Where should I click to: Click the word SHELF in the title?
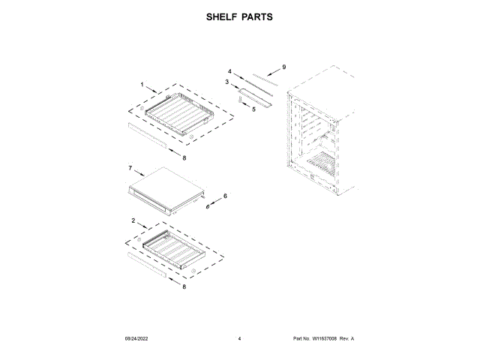point(222,16)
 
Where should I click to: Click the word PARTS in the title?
point(256,16)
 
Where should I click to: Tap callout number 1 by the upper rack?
point(142,85)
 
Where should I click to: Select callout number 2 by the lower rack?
point(133,221)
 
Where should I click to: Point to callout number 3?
point(226,82)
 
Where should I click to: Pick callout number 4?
point(229,72)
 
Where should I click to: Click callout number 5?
point(253,109)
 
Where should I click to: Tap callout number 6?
point(224,196)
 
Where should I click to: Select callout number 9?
point(284,67)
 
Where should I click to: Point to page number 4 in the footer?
point(239,339)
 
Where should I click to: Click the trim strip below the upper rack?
point(148,135)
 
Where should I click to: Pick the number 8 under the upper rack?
point(184,157)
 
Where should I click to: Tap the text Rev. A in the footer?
point(346,339)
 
